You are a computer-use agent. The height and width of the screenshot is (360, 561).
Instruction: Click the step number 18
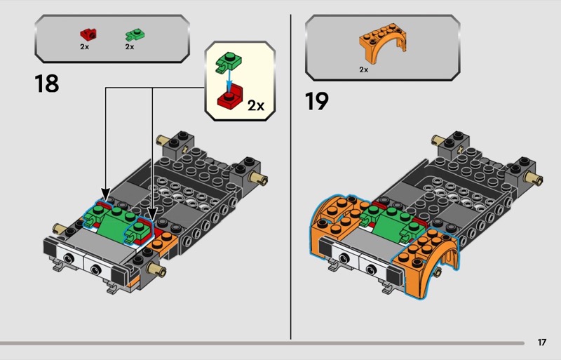(46, 84)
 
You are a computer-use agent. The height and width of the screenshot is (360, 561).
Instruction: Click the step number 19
(317, 101)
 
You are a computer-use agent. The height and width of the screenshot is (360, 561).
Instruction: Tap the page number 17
(541, 342)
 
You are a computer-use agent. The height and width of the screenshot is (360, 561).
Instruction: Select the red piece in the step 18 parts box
(88, 33)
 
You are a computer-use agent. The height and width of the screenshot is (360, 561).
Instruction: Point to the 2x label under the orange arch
(363, 69)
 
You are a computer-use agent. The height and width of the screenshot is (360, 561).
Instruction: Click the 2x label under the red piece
(84, 46)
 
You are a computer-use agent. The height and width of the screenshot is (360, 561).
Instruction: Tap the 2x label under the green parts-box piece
(129, 46)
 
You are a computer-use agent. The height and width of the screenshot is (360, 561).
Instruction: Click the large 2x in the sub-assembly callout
(255, 105)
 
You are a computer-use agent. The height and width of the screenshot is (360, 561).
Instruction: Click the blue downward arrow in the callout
(226, 80)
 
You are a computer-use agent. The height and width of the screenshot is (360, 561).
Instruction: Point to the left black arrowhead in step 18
(106, 192)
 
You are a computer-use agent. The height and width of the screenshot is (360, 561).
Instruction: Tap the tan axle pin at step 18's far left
(59, 228)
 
